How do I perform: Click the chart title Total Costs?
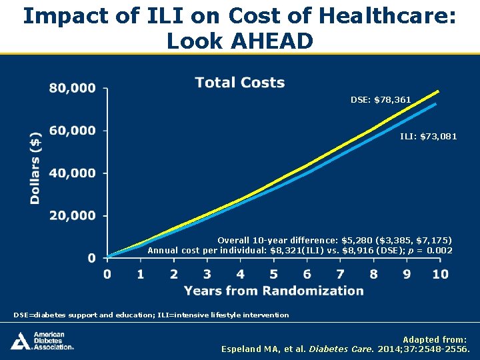point(240,83)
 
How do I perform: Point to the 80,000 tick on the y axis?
point(72,88)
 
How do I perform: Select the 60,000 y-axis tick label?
point(72,131)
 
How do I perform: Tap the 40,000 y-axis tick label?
point(72,173)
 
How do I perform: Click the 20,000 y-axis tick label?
point(72,215)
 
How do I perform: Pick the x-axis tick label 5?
point(273,274)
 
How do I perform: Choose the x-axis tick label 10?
point(439,274)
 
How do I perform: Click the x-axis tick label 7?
point(340,274)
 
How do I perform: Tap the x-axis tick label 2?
point(174,274)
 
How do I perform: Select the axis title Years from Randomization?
point(274,291)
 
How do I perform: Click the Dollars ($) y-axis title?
point(35,167)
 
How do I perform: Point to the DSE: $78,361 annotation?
point(381,100)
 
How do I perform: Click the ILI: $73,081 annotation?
point(428,137)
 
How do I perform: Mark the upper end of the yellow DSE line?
point(438,91)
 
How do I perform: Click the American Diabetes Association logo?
point(42,341)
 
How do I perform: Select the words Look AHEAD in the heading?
point(240,41)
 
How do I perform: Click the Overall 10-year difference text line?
point(335,240)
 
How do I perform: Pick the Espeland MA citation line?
point(345,349)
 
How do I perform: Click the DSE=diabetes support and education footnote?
point(151,315)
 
